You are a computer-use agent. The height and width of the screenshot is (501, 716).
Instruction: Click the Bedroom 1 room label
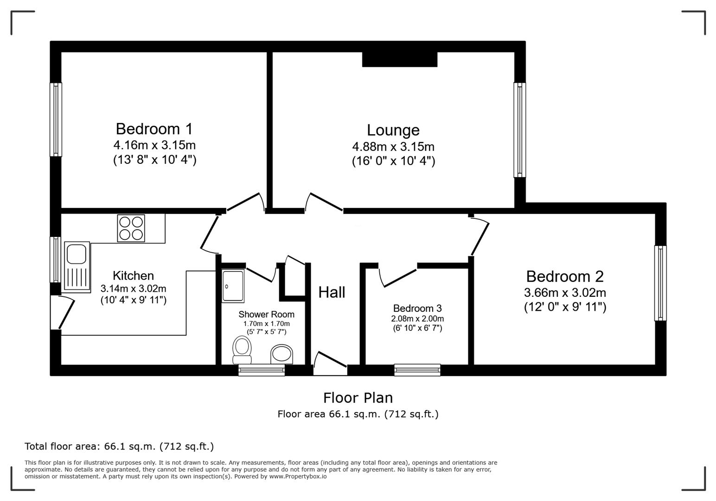click(x=154, y=128)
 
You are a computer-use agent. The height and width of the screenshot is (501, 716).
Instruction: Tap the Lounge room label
click(x=393, y=130)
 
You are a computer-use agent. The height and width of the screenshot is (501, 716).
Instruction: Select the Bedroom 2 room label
click(x=564, y=276)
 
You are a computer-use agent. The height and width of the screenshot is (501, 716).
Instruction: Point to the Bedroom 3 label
click(x=417, y=308)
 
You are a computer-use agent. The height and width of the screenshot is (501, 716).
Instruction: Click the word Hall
click(x=332, y=292)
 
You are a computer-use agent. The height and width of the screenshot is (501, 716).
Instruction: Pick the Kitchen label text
click(x=133, y=276)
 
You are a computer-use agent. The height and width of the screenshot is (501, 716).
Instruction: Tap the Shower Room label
click(x=266, y=315)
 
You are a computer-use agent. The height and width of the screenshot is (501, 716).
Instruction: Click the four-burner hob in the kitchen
click(x=131, y=228)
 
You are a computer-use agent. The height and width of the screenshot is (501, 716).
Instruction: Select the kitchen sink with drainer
click(x=77, y=267)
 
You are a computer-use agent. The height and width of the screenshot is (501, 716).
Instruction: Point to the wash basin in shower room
click(x=281, y=354)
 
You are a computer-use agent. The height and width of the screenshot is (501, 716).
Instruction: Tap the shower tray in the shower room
click(x=233, y=286)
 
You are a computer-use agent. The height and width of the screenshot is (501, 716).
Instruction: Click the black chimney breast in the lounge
click(x=399, y=59)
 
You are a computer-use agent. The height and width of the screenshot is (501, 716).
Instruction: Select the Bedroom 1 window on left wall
click(x=56, y=120)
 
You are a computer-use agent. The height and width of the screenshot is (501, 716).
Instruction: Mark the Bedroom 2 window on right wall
click(x=660, y=283)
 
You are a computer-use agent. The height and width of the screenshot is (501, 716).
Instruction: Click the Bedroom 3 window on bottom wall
click(x=417, y=370)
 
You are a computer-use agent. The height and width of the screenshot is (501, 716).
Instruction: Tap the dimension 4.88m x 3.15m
click(x=393, y=147)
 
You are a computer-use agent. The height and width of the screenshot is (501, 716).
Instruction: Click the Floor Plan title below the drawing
click(x=358, y=398)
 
